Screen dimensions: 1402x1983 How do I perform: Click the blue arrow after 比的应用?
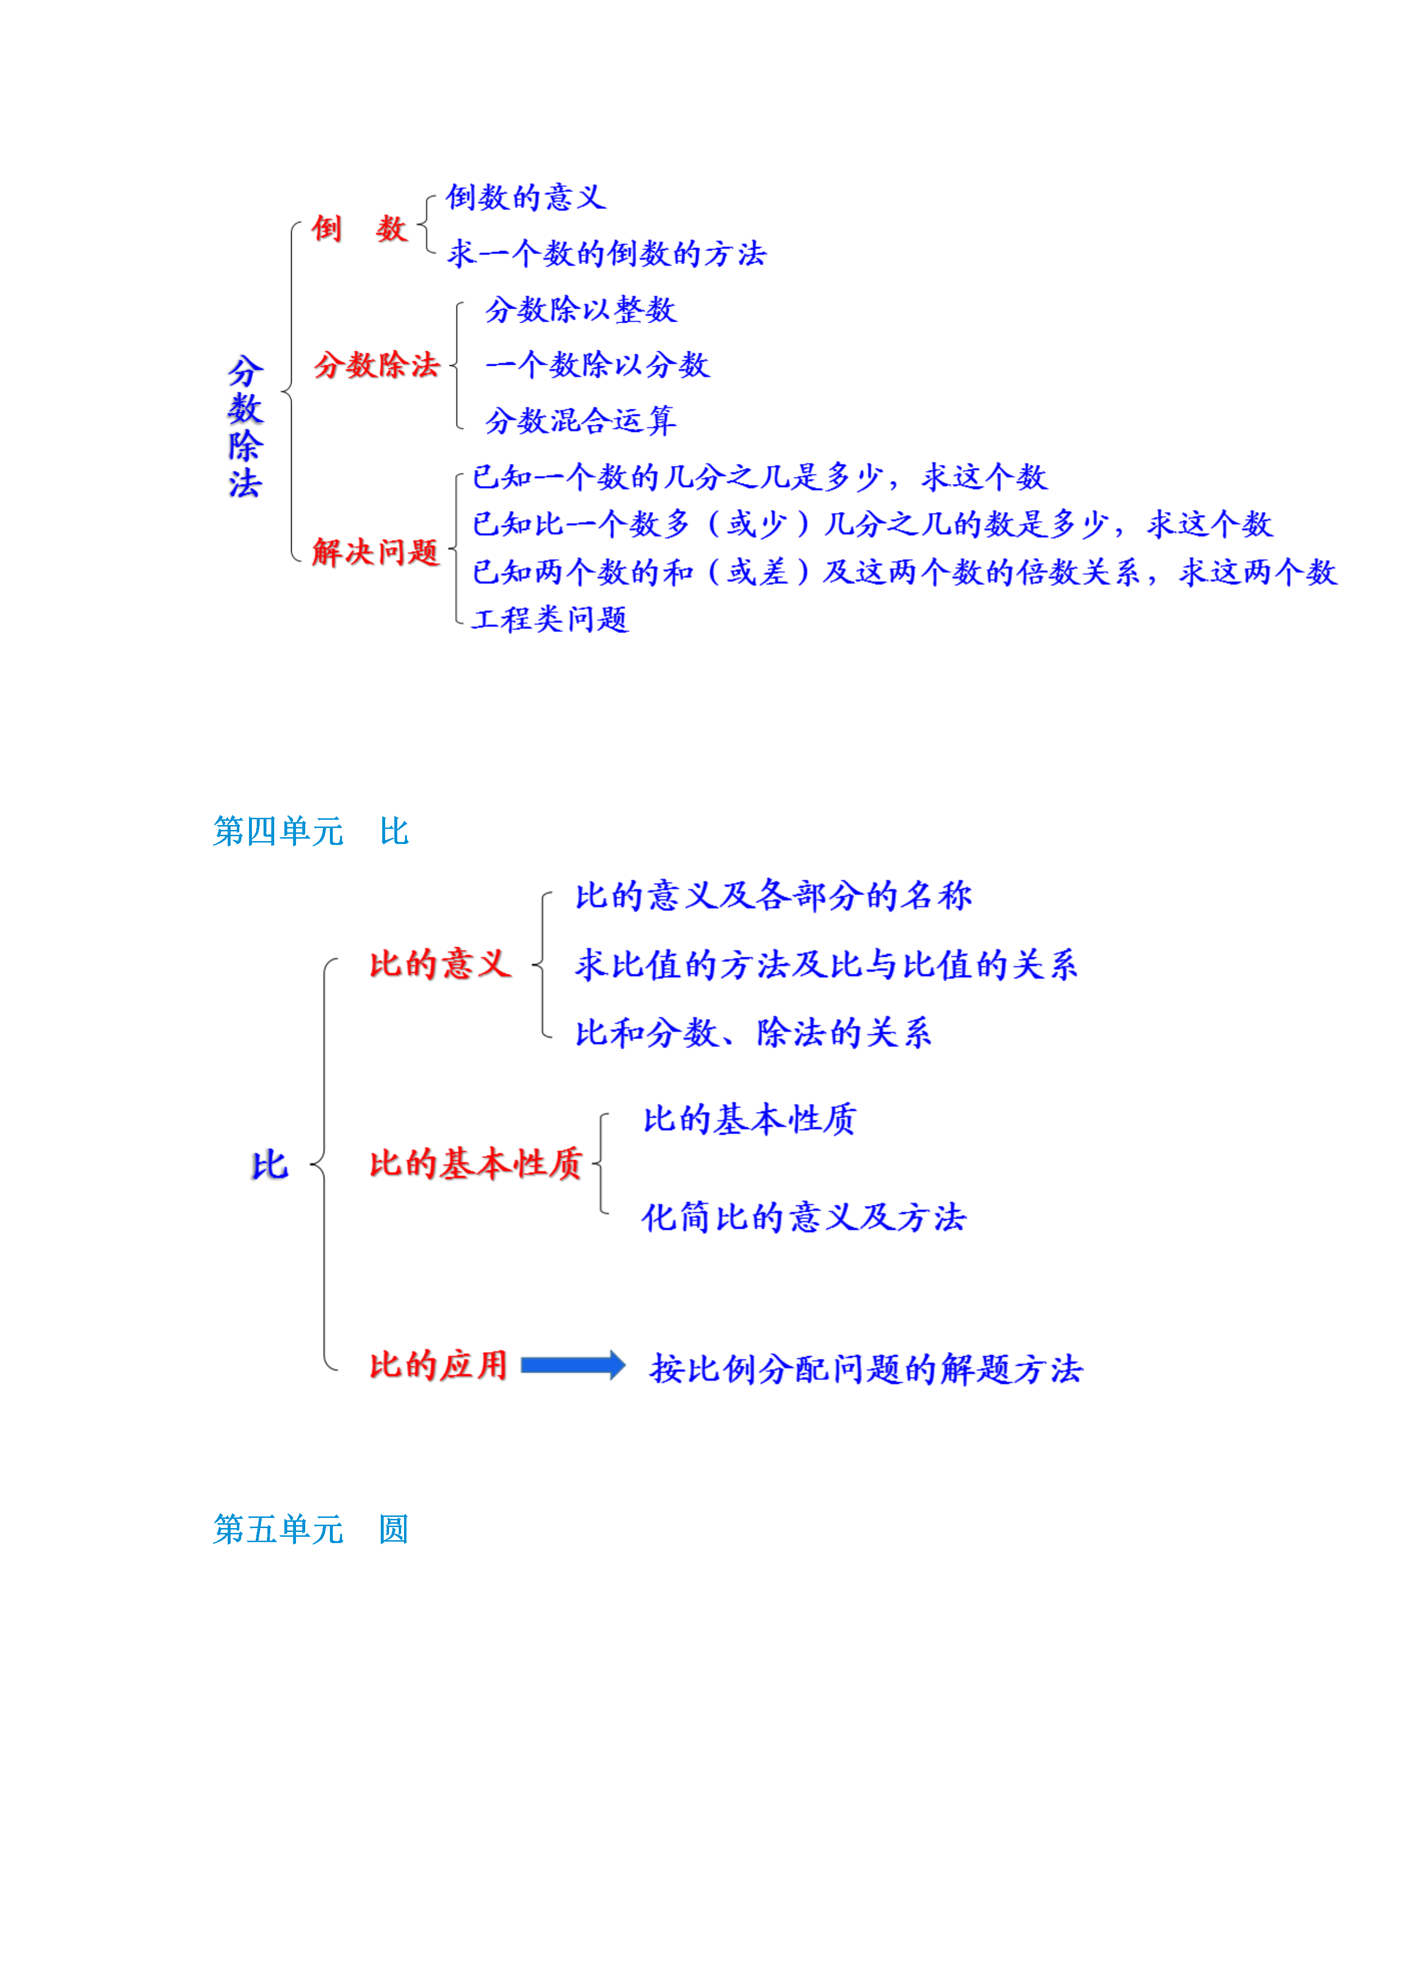point(573,1365)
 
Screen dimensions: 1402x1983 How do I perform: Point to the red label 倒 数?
point(359,229)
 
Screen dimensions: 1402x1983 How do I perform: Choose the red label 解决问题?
point(376,552)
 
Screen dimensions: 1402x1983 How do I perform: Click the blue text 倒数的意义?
point(525,197)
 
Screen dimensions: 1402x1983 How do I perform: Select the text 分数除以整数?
point(580,309)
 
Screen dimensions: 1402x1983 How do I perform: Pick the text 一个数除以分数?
point(597,364)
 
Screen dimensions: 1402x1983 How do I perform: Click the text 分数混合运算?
point(580,421)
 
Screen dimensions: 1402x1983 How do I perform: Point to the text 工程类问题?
point(550,618)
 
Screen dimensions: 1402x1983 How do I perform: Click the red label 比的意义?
point(440,964)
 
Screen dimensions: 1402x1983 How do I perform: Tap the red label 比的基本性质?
point(476,1163)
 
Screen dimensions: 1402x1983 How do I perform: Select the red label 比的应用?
point(438,1365)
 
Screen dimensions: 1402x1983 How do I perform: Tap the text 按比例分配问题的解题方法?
point(866,1368)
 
